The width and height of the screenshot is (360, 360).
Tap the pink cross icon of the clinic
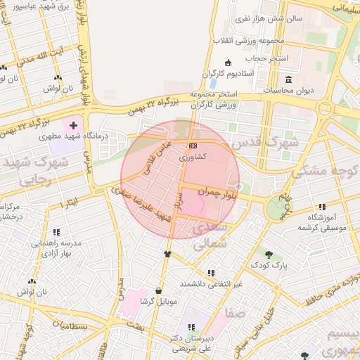73,124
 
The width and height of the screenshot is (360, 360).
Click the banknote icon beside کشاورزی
192,146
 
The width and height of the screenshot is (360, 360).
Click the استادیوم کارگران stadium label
227,73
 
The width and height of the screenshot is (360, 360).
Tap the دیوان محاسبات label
289,90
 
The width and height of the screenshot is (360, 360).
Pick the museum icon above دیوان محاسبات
289,78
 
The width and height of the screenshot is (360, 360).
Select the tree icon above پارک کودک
269,253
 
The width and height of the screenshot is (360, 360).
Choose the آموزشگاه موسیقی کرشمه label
323,223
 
